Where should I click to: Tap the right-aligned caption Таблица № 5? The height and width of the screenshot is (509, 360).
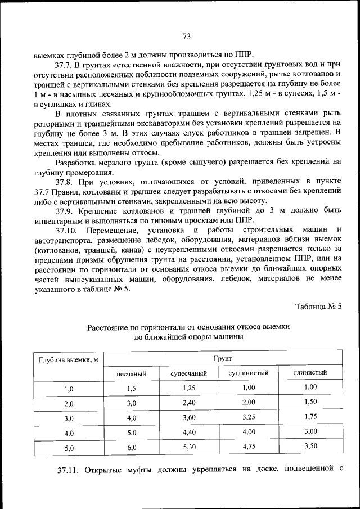coord(318,307)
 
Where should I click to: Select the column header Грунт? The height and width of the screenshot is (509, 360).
coord(223,358)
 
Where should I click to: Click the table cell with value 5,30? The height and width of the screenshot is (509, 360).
coord(189,447)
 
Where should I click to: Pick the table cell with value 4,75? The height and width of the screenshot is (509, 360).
coord(249,447)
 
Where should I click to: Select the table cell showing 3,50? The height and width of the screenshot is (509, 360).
coord(310,446)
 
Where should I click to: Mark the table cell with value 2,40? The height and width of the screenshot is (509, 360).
coord(189,403)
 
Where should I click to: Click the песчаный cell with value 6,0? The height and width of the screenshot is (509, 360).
coord(132,447)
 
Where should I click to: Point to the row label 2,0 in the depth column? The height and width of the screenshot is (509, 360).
coord(69,404)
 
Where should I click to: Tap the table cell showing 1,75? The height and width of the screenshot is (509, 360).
coord(310,417)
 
